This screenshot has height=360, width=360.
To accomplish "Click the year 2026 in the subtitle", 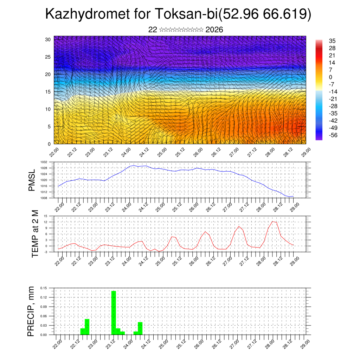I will click(214, 30).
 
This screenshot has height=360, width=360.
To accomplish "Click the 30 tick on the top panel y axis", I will click(48, 39).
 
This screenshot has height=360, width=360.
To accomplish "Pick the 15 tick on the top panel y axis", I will click(48, 92).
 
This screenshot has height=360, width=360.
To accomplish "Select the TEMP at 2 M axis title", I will click(35, 234).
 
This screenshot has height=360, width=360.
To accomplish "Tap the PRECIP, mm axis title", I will click(32, 311).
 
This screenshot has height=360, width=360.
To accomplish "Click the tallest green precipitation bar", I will click(114, 312).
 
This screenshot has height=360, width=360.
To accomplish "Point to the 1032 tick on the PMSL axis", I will click(44, 162).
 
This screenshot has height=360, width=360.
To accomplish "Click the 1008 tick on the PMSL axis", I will click(44, 198).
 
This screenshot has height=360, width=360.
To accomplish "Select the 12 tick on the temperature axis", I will click(46, 222).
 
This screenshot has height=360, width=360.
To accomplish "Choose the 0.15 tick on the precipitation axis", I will click(44, 288).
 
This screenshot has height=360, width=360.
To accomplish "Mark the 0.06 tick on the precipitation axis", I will click(44, 316).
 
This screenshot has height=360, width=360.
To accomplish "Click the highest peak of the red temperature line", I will click(273, 221).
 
